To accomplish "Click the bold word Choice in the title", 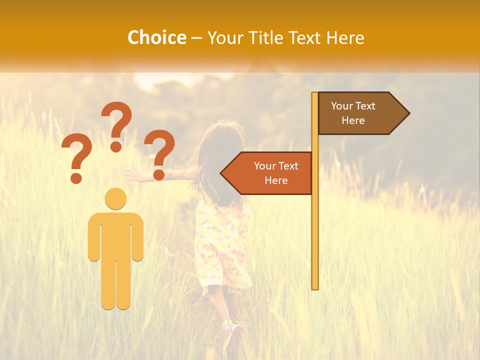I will click(156, 37).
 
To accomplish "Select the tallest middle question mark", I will click(117, 125).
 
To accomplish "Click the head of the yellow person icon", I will click(115, 198).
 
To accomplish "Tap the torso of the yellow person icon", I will click(115, 235).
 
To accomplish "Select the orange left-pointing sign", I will click(270, 173).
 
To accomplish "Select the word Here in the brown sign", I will click(353, 120).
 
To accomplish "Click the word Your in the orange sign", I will click(265, 166).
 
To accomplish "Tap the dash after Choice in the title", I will click(196, 38).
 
